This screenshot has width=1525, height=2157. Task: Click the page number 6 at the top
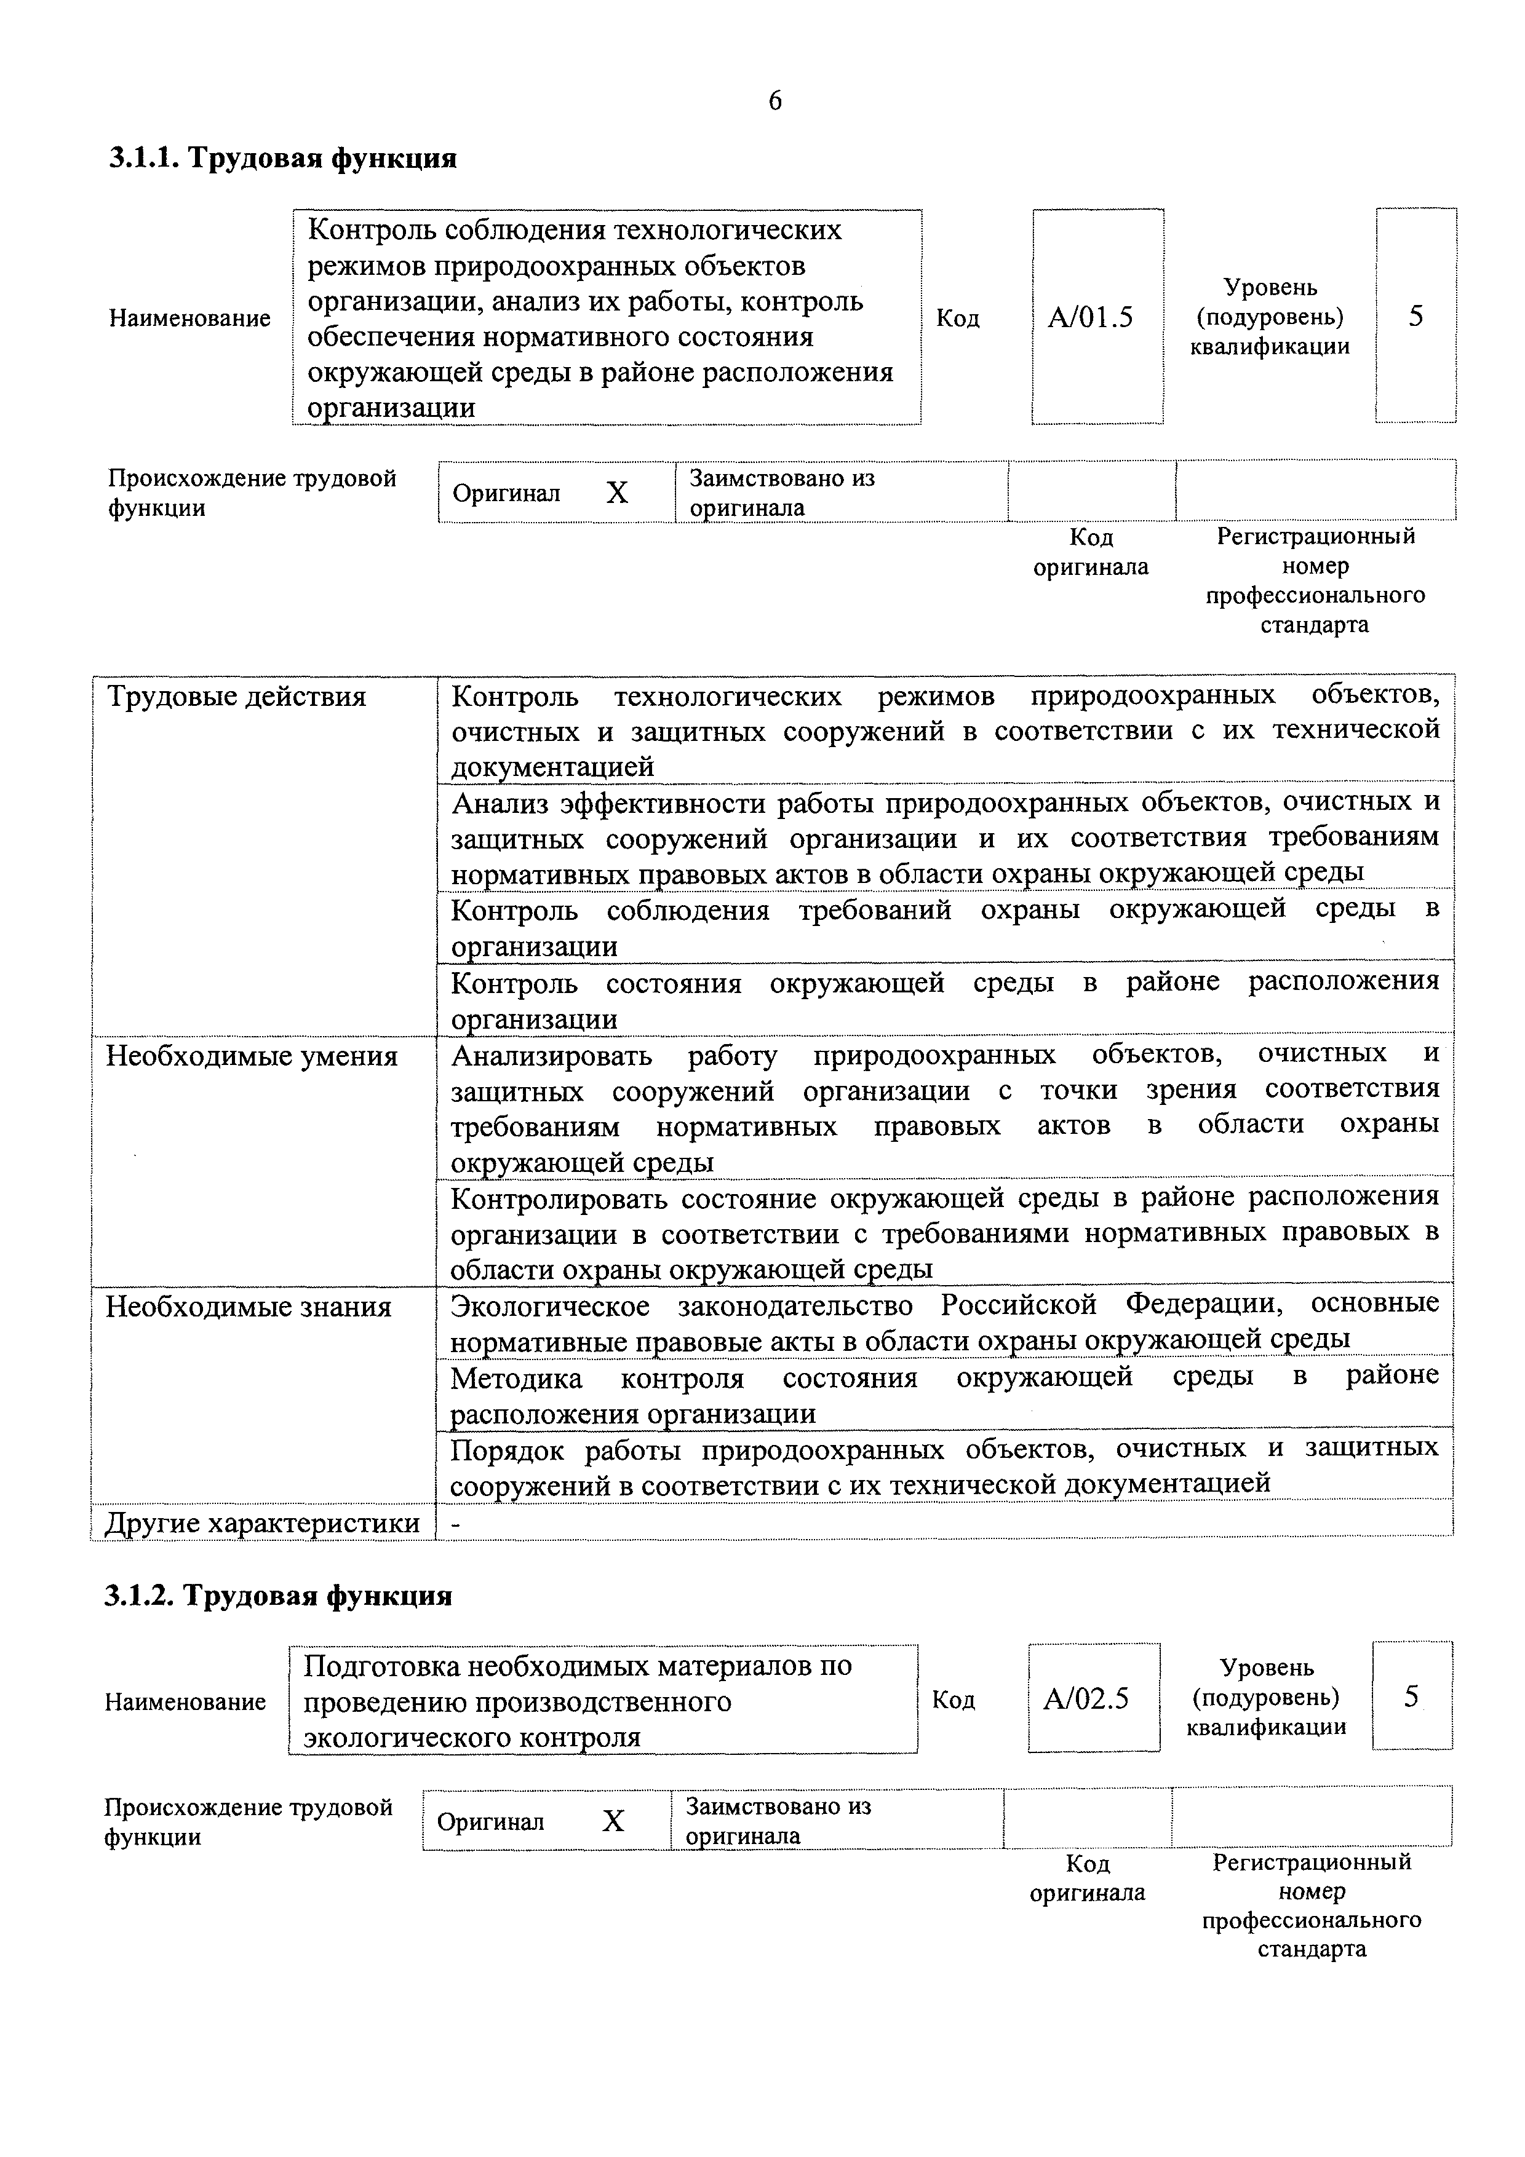(774, 101)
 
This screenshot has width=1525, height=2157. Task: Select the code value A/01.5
(1090, 317)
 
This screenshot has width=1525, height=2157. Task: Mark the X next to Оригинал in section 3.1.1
(616, 493)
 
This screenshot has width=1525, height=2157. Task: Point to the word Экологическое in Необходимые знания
(550, 1306)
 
